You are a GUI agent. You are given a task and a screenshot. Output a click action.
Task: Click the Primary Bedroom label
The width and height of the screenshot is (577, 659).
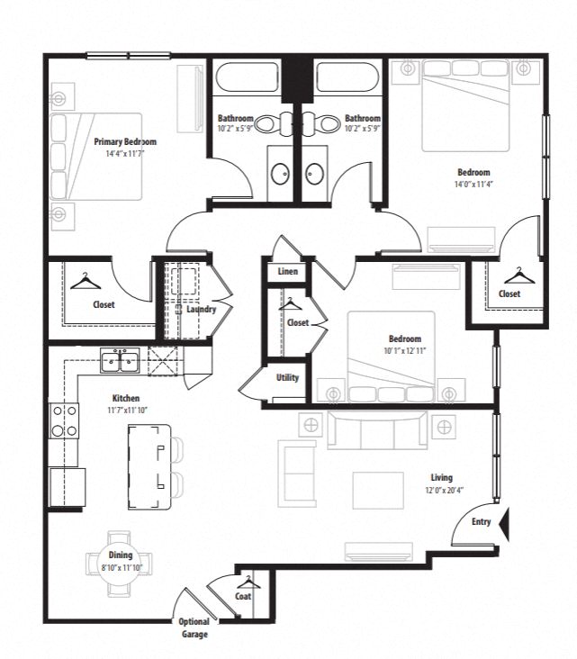tap(125, 141)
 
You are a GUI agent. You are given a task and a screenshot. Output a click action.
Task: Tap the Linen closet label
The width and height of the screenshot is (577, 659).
tap(288, 271)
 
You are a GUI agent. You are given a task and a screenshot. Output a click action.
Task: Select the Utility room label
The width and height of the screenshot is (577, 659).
tap(288, 378)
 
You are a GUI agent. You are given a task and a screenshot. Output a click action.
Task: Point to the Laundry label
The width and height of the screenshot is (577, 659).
tap(201, 310)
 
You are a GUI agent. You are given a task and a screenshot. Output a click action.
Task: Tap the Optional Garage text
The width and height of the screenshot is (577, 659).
tap(194, 627)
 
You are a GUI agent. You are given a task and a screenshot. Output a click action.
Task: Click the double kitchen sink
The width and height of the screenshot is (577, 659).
tap(119, 362)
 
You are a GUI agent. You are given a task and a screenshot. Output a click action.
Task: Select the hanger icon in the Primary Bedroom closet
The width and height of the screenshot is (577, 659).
tap(84, 283)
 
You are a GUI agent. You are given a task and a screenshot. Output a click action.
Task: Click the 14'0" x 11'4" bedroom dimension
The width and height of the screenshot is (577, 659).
tap(473, 185)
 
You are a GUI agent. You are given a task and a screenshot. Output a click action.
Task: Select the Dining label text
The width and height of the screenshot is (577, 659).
tap(120, 555)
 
